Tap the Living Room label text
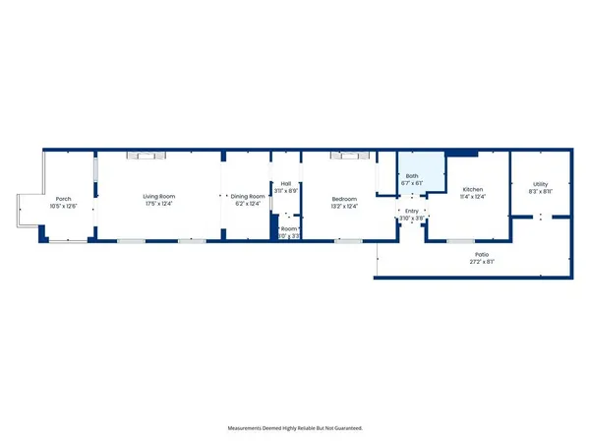click(158, 197)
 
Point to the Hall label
click(286, 183)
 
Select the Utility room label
click(540, 184)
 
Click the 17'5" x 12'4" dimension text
click(158, 205)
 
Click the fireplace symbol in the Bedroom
click(351, 155)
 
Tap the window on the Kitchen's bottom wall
click(460, 240)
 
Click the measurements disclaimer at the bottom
click(294, 428)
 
